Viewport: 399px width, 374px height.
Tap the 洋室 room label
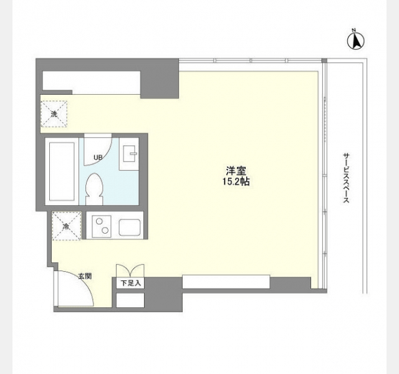point(236,171)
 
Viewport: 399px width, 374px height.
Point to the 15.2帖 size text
point(236,181)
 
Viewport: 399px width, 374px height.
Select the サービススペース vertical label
point(346,178)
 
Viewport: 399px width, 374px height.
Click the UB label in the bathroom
point(98,158)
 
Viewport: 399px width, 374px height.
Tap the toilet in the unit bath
point(94,189)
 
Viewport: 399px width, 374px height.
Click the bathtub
point(62,171)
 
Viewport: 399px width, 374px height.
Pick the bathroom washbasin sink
point(129,154)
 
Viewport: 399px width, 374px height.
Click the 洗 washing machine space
point(54,113)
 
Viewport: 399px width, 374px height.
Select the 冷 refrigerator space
point(67,226)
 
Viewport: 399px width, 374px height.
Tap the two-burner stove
point(102,226)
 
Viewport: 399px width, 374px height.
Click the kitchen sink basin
point(130,227)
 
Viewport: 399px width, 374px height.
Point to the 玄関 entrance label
point(85,276)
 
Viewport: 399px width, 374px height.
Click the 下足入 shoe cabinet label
point(130,283)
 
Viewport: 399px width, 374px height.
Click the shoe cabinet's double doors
point(130,270)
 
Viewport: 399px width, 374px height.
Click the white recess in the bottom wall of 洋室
point(226,282)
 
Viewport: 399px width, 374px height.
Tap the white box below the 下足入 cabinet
point(130,300)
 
